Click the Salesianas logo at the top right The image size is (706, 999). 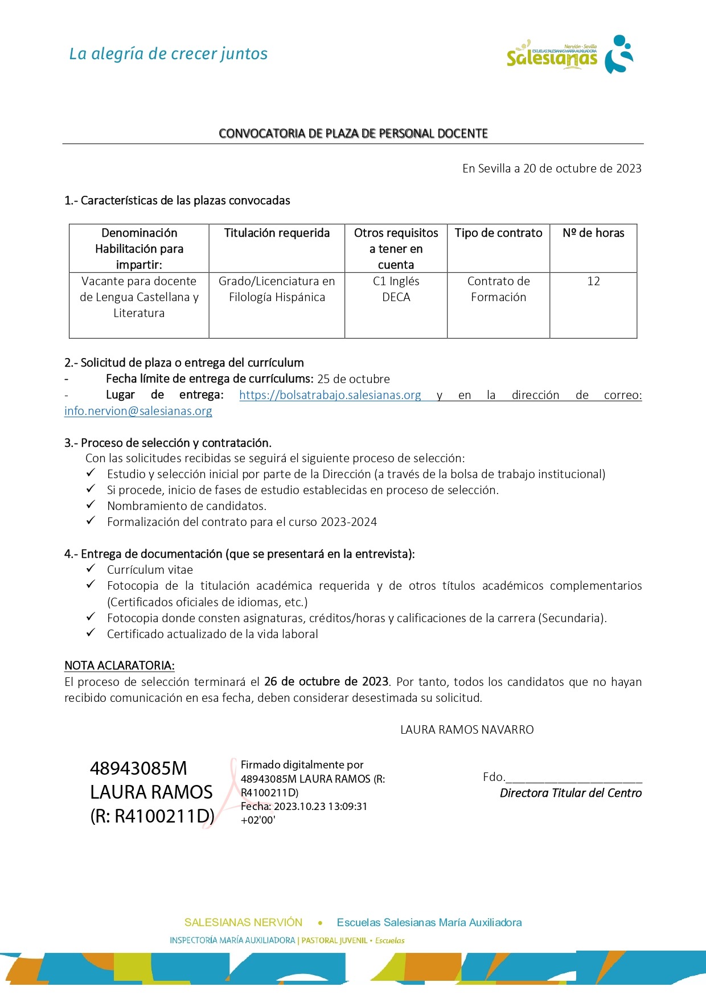[569, 55]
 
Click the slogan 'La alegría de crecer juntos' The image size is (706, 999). [169, 54]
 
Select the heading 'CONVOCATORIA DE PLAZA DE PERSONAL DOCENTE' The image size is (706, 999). [353, 133]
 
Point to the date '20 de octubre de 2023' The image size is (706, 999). [582, 168]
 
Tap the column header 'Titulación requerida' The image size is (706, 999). [277, 233]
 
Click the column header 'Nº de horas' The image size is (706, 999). [593, 233]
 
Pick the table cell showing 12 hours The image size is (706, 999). [593, 281]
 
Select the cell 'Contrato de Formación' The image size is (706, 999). [498, 289]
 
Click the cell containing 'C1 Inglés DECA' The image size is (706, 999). [396, 289]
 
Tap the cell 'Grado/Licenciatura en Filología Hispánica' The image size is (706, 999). [277, 289]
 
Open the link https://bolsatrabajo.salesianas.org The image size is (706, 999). [330, 395]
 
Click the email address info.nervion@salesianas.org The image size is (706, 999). [138, 411]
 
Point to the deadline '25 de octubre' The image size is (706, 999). [354, 379]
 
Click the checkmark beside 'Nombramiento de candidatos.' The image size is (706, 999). [91, 505]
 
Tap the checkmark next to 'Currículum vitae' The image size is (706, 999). [91, 569]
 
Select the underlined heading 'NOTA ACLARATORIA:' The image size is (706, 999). [120, 665]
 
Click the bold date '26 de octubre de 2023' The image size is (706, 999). [326, 681]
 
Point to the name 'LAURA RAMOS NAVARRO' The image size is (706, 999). [467, 730]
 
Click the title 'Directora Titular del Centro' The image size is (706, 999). [570, 793]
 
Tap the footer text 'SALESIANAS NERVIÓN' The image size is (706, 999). [243, 922]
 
